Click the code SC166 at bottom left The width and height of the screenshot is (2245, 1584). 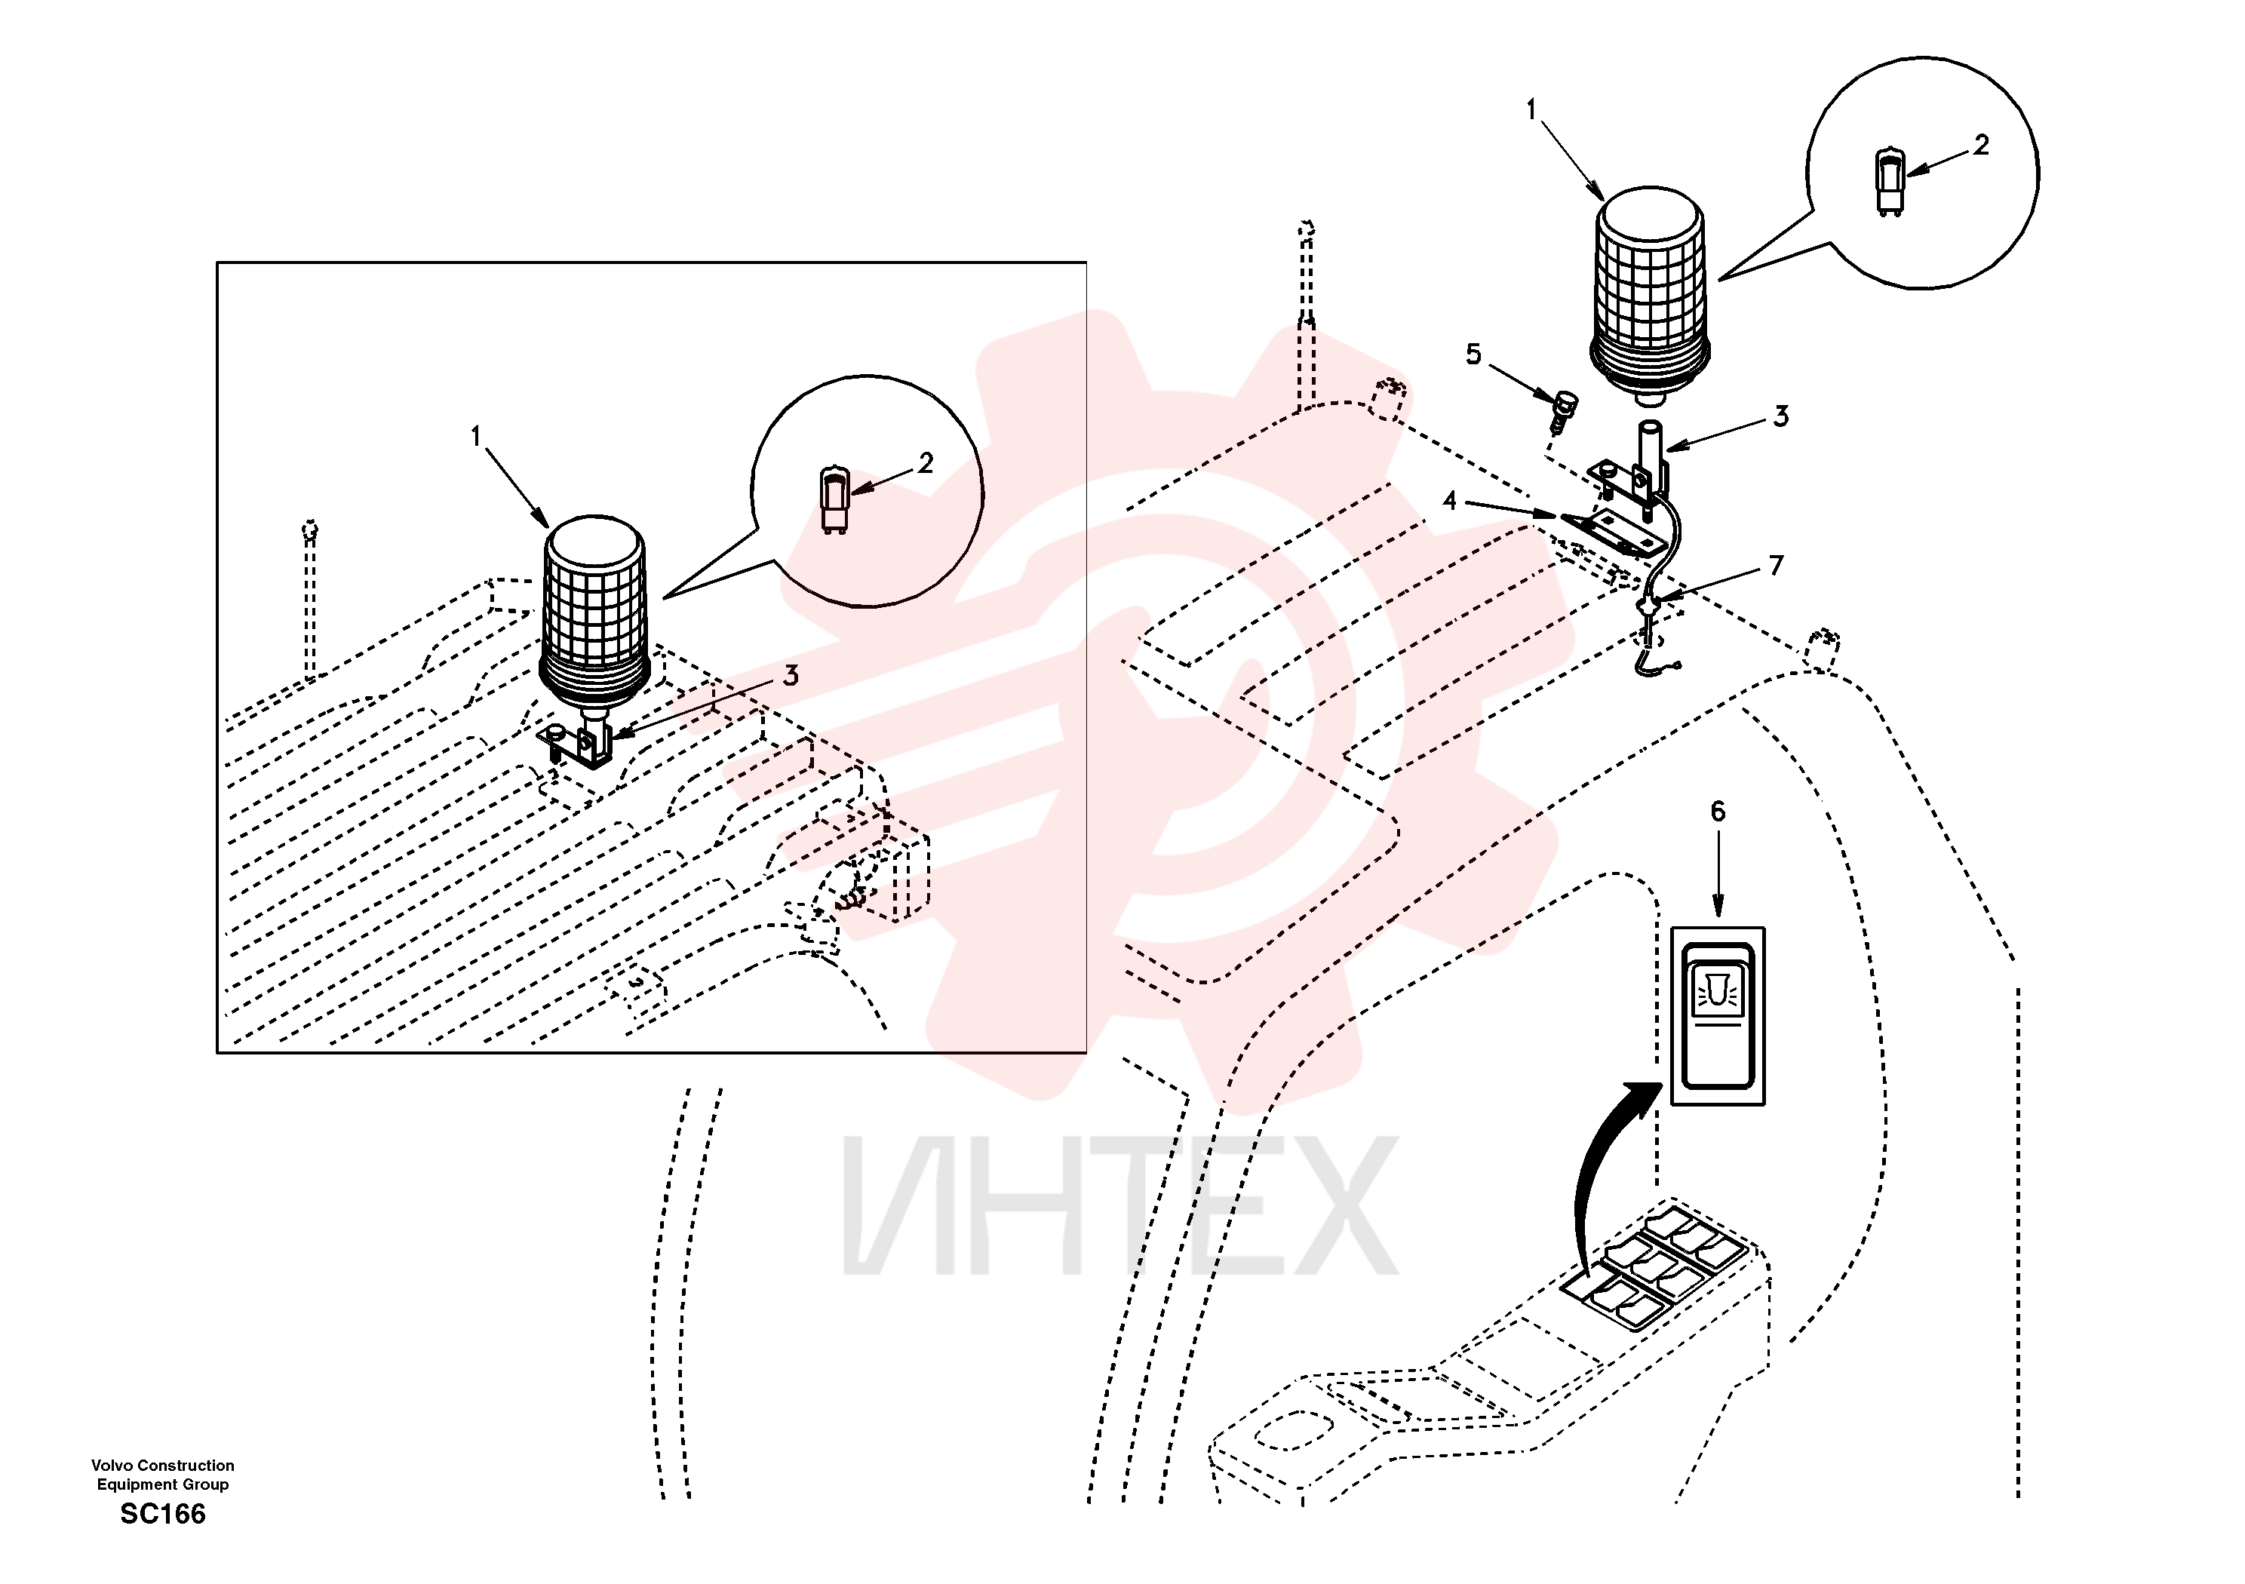[x=162, y=1515]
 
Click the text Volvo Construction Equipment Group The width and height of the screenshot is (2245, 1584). [x=162, y=1475]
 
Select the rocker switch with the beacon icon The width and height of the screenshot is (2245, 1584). [x=1718, y=1016]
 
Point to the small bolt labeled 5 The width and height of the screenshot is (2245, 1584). [x=1565, y=410]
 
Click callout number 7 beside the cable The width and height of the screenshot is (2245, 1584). [x=1777, y=565]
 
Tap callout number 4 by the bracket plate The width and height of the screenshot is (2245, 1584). [x=1449, y=501]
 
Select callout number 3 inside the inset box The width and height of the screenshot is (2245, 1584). [x=790, y=674]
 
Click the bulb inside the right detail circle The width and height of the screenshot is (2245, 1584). [x=1890, y=182]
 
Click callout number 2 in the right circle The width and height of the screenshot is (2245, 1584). [x=1981, y=145]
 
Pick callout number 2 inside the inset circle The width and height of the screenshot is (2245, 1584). [x=925, y=462]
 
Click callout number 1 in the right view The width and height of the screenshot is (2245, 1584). [x=1531, y=109]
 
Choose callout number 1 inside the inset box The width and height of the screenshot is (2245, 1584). [x=476, y=436]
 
